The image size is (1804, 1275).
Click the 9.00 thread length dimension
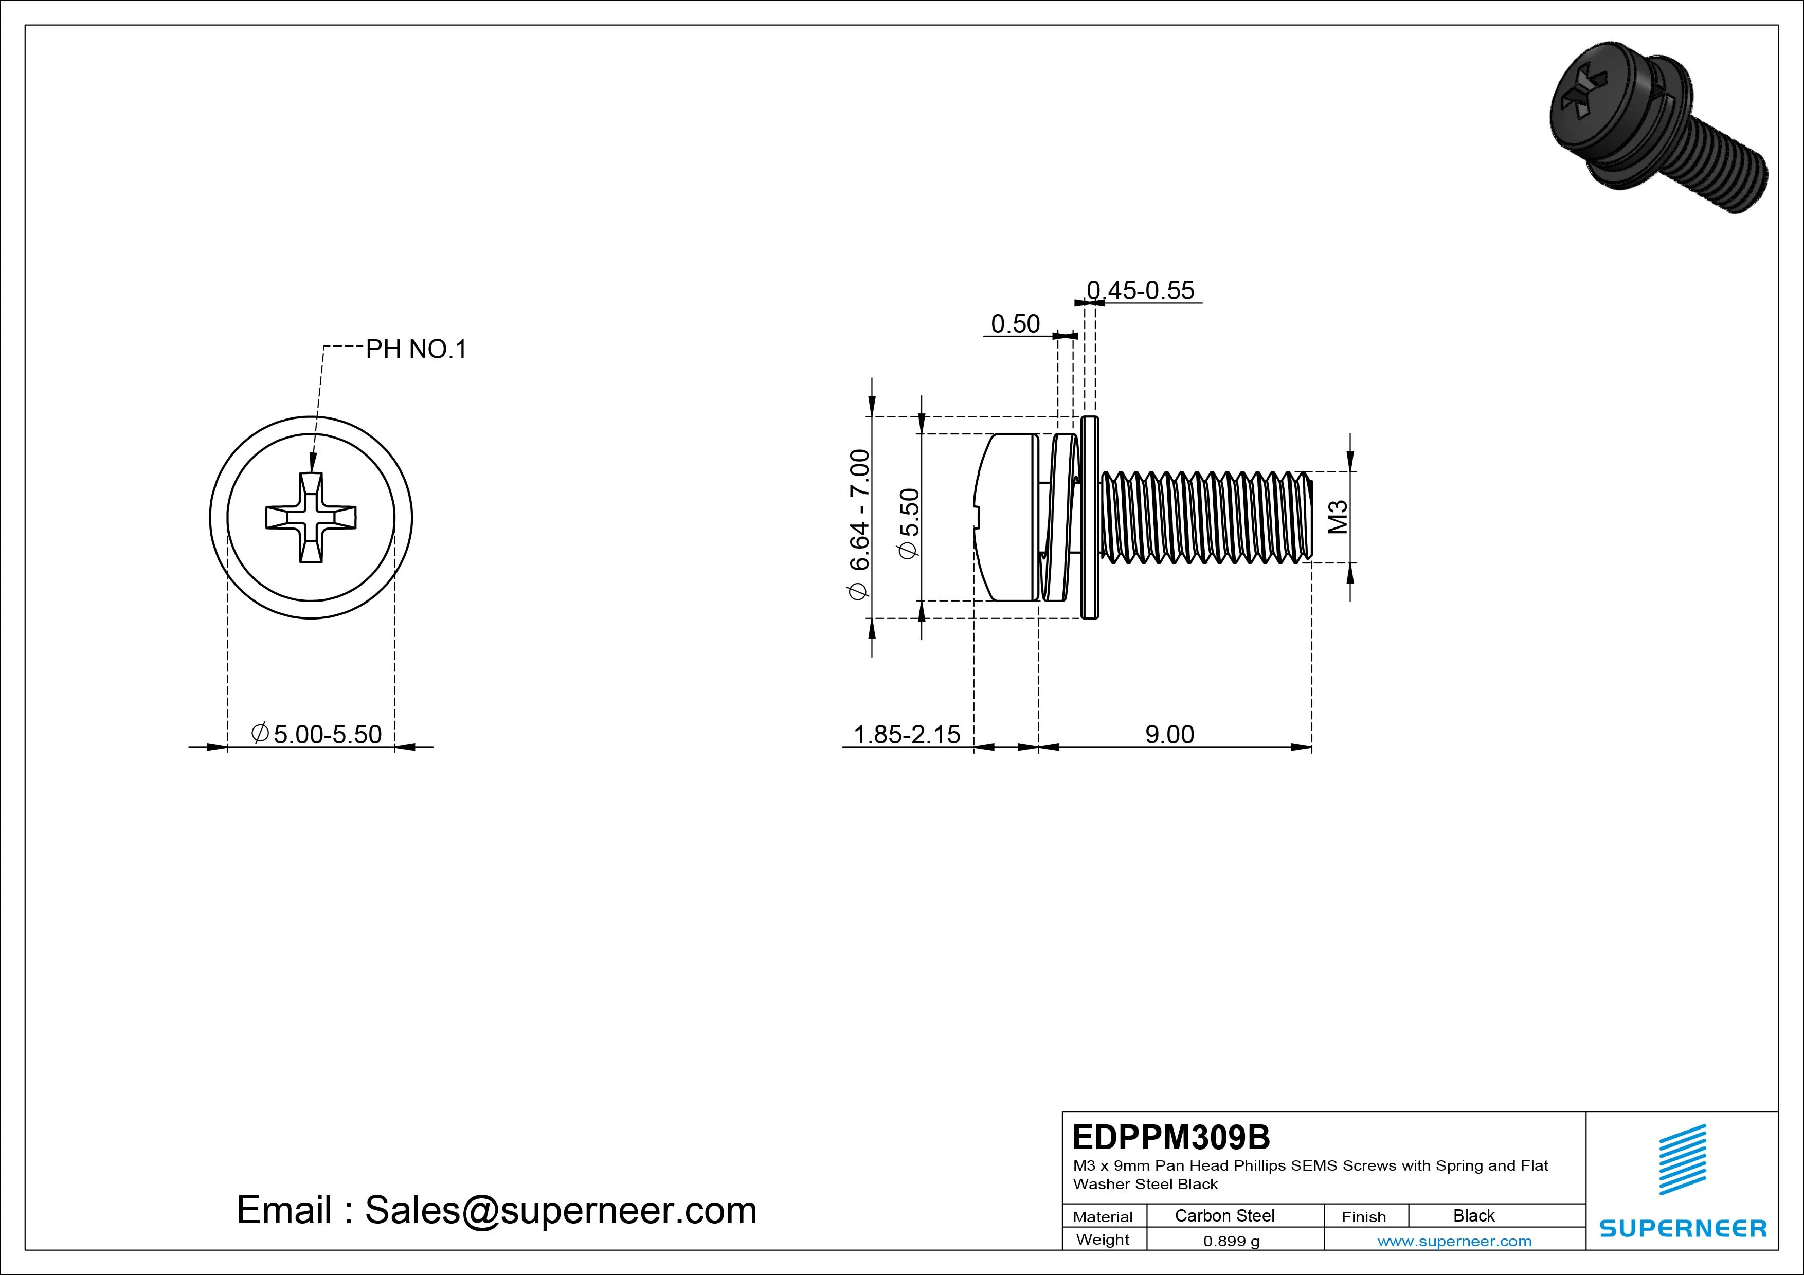click(x=1169, y=735)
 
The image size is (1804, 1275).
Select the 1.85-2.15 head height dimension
click(x=907, y=735)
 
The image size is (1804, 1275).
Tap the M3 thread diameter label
click(x=1338, y=517)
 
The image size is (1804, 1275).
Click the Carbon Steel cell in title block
click(x=1224, y=1215)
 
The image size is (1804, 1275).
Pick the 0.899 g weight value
click(x=1231, y=1241)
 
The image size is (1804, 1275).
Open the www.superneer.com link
click(x=1454, y=1241)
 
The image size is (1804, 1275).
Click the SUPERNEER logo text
click(x=1683, y=1228)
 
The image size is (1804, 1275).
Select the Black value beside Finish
click(x=1473, y=1215)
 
